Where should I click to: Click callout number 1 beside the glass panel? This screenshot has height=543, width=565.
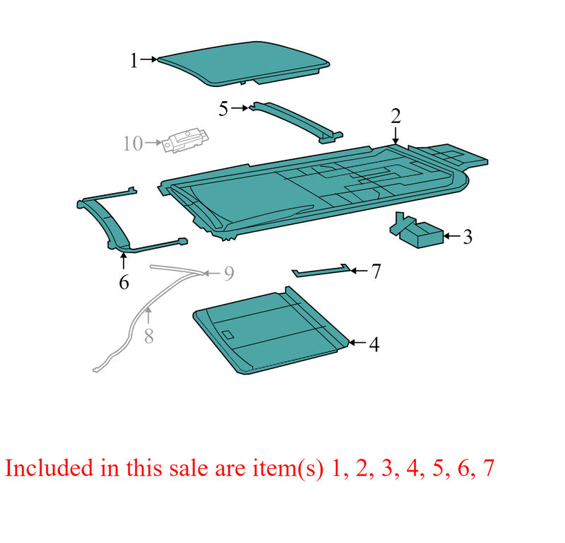(x=134, y=60)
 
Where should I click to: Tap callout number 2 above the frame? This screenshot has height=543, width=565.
(x=395, y=116)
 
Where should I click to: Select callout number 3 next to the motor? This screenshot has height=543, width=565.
(x=468, y=237)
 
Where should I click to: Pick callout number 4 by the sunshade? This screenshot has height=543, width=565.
(x=374, y=344)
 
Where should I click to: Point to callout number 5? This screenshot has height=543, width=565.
(x=223, y=109)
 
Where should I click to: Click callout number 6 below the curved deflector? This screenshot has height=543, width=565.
(x=124, y=282)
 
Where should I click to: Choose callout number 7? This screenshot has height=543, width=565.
(x=376, y=271)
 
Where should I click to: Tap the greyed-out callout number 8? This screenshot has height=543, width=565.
(x=149, y=337)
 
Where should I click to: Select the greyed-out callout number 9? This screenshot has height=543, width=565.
(x=229, y=274)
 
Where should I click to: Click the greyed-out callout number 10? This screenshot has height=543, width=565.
(x=133, y=144)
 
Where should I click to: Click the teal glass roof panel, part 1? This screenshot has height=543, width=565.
(x=243, y=64)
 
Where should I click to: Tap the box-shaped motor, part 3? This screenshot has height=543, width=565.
(x=417, y=231)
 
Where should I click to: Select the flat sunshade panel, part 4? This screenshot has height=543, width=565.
(x=271, y=331)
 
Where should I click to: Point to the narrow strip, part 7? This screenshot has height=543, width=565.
(x=321, y=271)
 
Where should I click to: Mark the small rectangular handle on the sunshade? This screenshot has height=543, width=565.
(x=228, y=334)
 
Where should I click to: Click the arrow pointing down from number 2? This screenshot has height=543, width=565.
(x=395, y=136)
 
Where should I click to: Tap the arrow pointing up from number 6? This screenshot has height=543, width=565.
(x=124, y=261)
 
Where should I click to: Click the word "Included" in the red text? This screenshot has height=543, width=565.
(x=49, y=468)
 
